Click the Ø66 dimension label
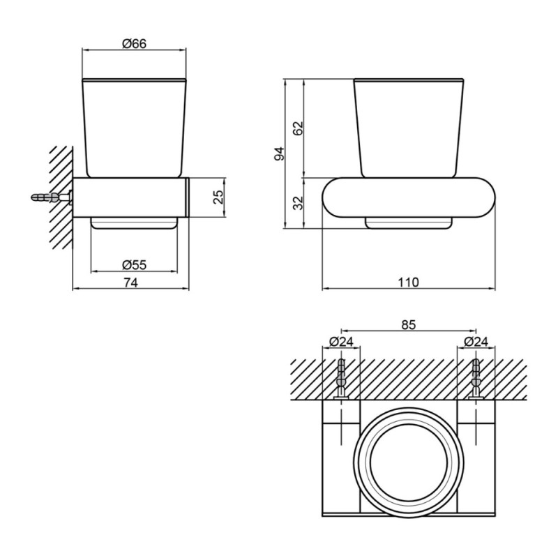coord(134,44)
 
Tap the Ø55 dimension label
coord(134,265)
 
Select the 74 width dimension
coord(130,282)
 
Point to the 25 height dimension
coord(218,197)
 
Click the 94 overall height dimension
coord(280,153)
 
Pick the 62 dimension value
coord(298,128)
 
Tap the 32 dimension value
coord(298,203)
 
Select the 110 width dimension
coord(408,282)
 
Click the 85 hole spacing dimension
coord(408,324)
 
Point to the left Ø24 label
coord(341,342)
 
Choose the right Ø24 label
coord(476,342)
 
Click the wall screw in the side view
coord(52,197)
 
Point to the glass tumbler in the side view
coord(134,128)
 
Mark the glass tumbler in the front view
coord(409,128)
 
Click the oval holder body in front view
coord(409,197)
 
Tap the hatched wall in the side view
coord(61,197)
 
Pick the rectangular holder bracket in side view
coord(131,197)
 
